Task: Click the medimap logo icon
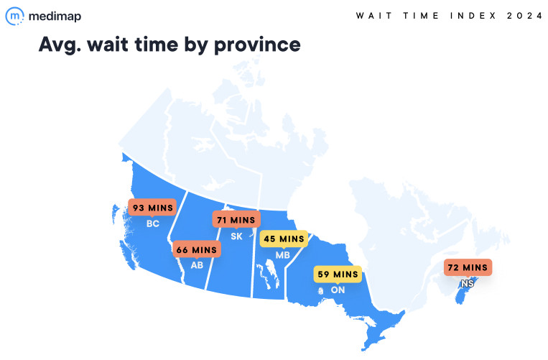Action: point(15,16)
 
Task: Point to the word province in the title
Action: point(261,45)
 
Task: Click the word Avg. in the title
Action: point(60,45)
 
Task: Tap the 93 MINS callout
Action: point(152,208)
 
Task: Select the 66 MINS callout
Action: point(197,249)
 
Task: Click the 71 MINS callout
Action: point(234,220)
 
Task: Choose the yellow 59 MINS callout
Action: point(335,274)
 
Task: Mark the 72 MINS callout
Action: point(467,267)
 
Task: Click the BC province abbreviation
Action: point(152,224)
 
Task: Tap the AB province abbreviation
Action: point(197,265)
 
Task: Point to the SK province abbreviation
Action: point(235,236)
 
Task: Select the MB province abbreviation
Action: point(283,254)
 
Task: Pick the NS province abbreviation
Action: point(468,284)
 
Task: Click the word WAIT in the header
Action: point(370,16)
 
